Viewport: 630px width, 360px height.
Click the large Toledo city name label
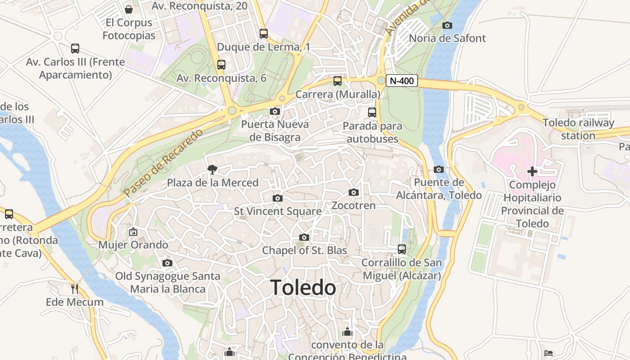(303, 288)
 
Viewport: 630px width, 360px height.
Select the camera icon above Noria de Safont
(447, 25)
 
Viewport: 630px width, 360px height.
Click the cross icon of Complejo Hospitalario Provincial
(532, 171)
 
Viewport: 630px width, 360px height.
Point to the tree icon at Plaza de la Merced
(211, 169)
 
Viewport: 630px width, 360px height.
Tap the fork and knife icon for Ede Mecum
(75, 288)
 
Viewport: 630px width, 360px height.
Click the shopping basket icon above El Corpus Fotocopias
(129, 9)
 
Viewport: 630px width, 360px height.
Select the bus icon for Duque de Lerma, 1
(264, 33)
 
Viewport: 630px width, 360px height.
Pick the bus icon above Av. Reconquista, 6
(221, 64)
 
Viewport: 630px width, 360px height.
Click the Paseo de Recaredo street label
(163, 163)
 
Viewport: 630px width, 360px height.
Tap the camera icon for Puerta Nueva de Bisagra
(275, 111)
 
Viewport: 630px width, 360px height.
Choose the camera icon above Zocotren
(354, 192)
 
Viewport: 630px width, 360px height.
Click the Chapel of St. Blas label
(305, 250)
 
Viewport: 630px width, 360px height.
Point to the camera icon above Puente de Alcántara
(439, 169)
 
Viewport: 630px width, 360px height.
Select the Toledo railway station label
(578, 129)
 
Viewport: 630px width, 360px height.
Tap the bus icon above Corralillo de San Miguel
(402, 249)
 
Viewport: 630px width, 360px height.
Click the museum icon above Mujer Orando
(133, 232)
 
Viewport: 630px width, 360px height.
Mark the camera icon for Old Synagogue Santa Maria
(167, 263)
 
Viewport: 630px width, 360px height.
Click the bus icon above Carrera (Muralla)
(337, 81)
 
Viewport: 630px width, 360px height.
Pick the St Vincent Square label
(278, 211)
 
